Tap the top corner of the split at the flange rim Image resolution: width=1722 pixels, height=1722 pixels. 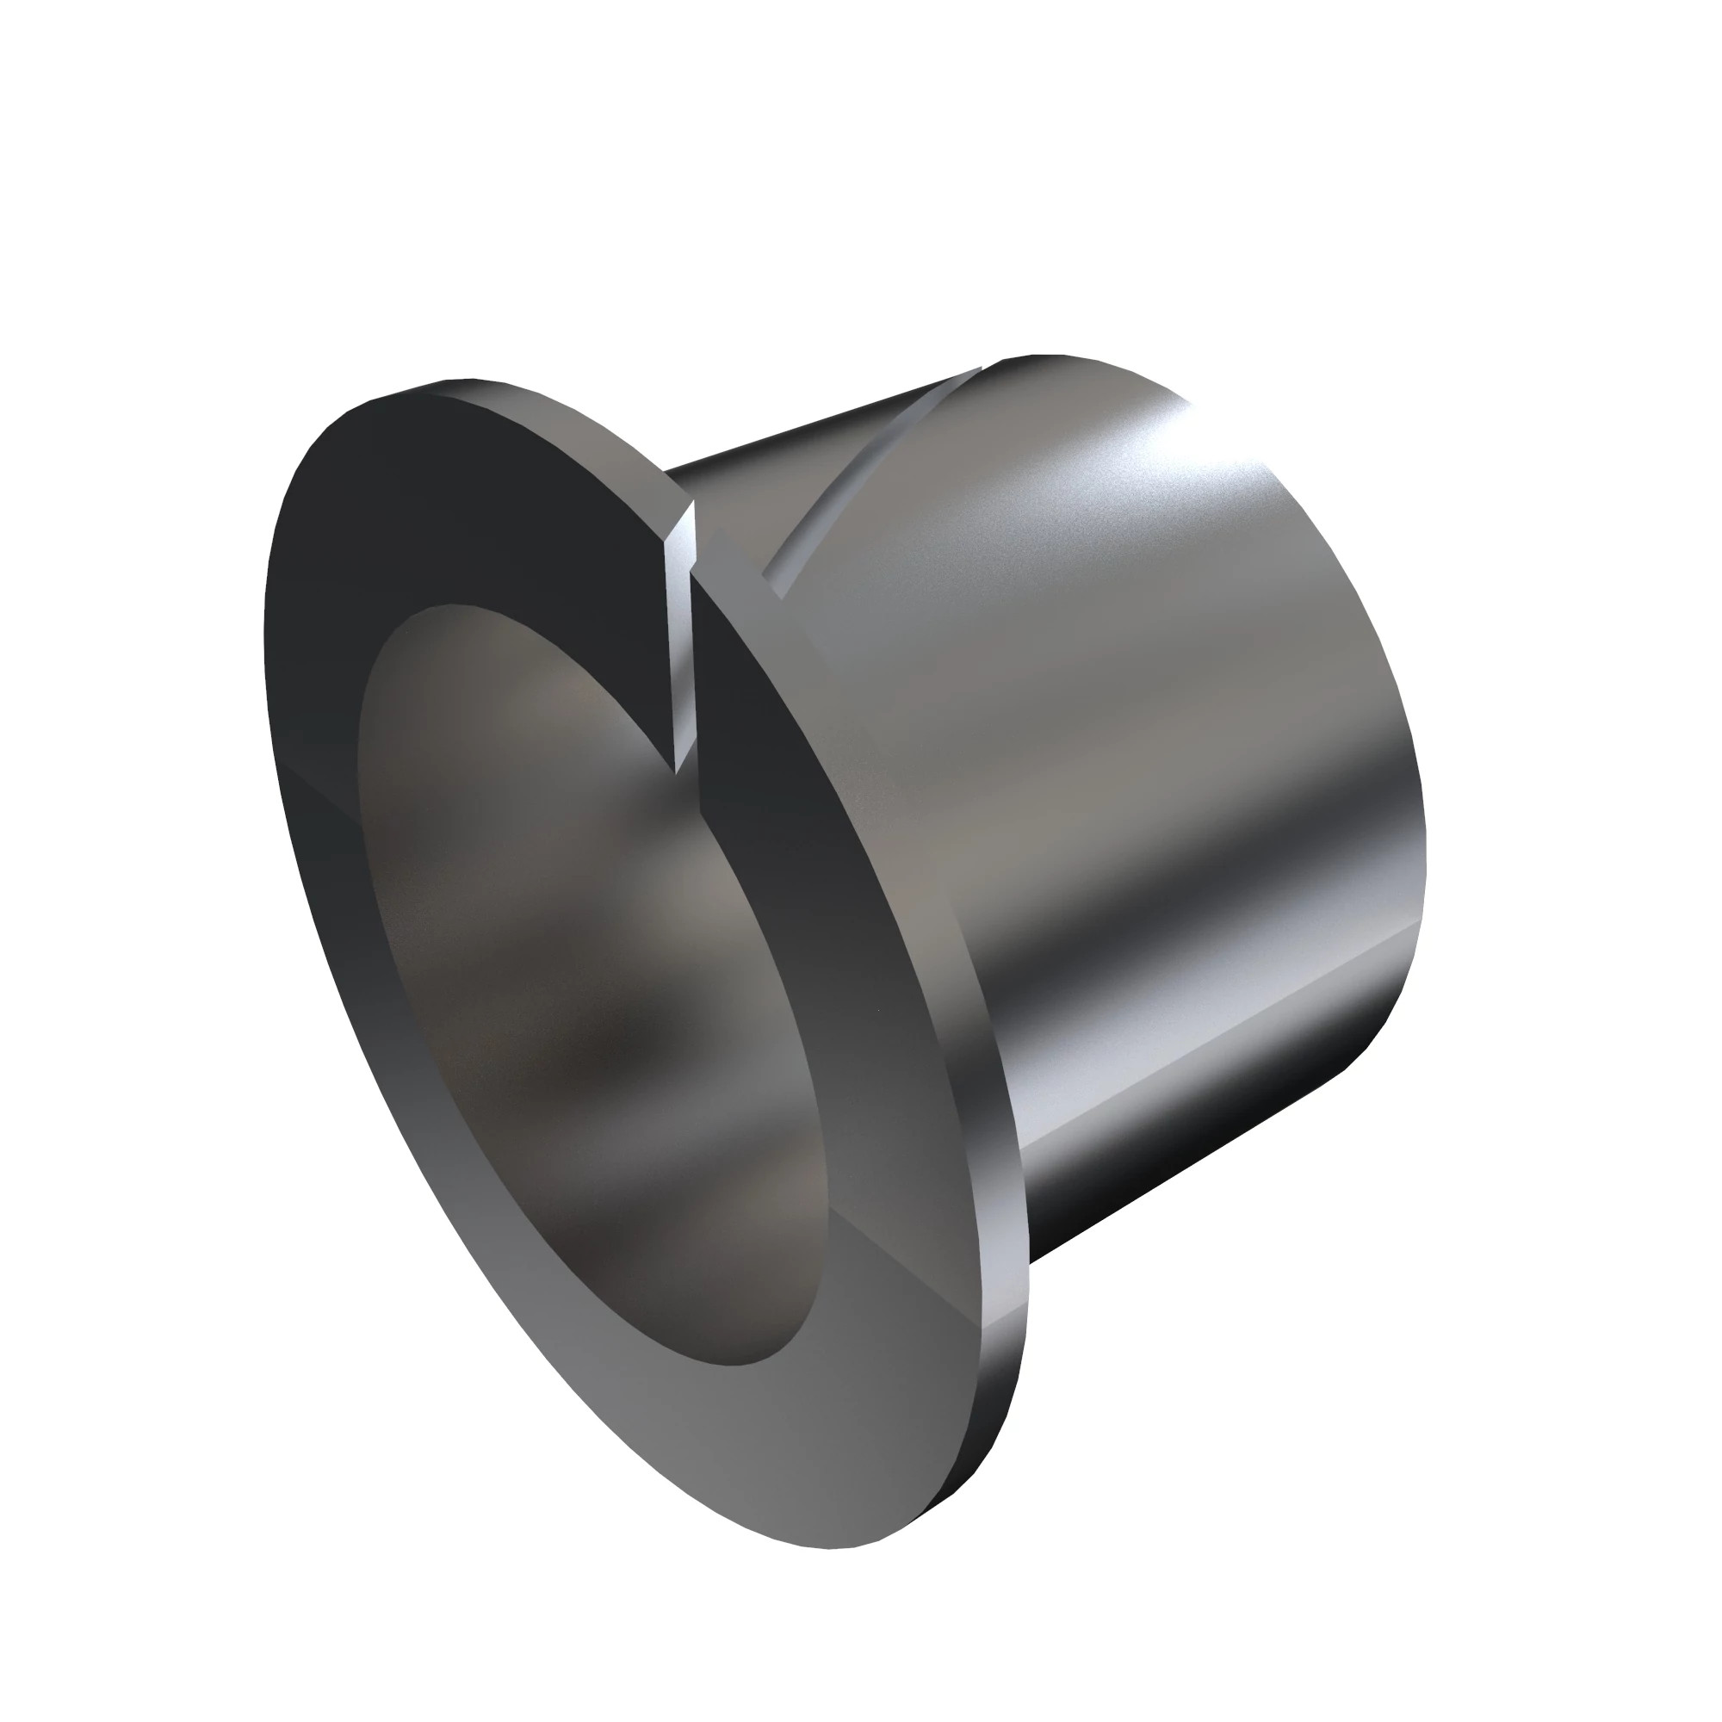click(x=691, y=505)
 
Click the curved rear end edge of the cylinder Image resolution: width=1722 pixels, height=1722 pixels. click(x=1399, y=713)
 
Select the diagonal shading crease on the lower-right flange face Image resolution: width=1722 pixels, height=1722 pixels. click(x=918, y=1266)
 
